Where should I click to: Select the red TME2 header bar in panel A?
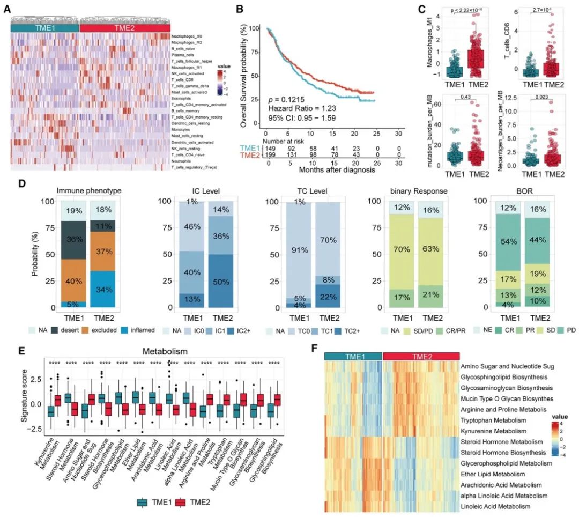point(124,28)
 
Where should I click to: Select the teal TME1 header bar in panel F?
point(353,356)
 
